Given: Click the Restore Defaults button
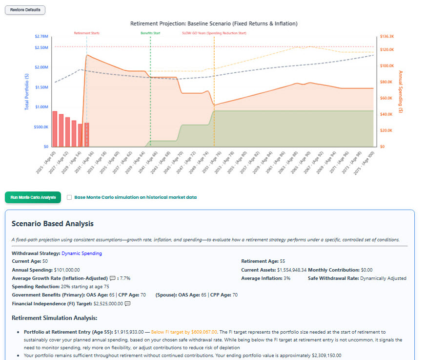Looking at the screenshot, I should tap(25, 10).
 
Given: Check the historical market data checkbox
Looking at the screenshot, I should tap(69, 197).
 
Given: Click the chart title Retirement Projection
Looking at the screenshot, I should tap(214, 23).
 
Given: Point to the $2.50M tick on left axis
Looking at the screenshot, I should tap(41, 47).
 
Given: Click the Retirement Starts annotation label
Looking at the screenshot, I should tap(86, 33).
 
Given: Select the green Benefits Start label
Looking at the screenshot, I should tap(150, 33).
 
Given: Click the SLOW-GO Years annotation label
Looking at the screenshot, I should tap(214, 33).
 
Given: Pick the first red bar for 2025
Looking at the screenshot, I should tap(55, 129).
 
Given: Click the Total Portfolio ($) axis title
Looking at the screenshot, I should tap(26, 91).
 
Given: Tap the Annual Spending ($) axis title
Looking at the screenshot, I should tap(401, 91).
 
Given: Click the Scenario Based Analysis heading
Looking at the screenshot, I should tap(53, 224).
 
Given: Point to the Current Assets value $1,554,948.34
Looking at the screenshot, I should tap(292, 270).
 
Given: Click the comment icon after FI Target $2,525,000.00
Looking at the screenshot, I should tap(128, 304).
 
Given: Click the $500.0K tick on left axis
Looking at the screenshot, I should tap(41, 127).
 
